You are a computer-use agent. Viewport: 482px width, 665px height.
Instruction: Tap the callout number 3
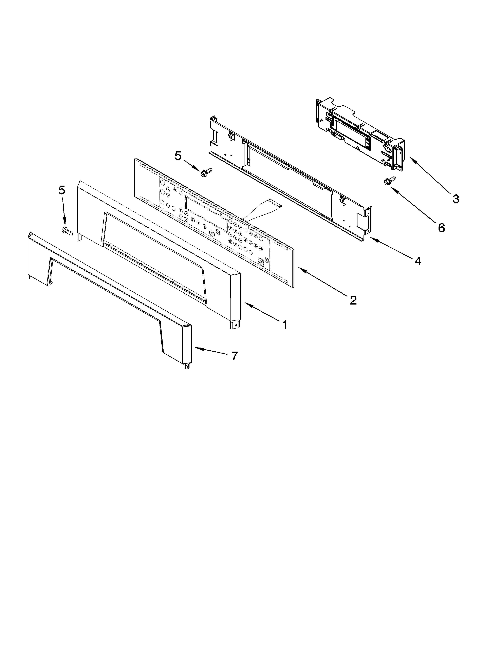[455, 199]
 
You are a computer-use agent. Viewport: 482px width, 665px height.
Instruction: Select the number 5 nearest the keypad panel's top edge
[178, 156]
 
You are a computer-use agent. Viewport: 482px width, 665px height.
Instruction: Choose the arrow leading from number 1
[261, 313]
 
